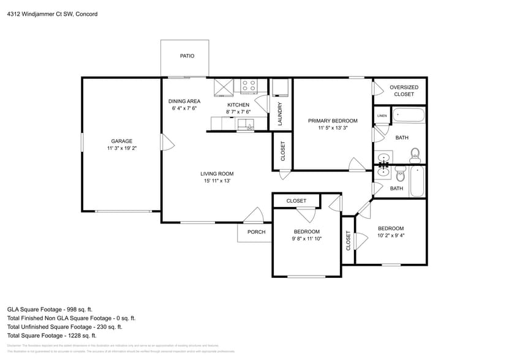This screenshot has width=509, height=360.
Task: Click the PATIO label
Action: coord(187,56)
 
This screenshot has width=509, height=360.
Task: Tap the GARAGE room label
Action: coord(121,141)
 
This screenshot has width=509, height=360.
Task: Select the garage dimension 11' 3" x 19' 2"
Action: coord(121,148)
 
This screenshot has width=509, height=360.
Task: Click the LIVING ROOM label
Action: coord(217,173)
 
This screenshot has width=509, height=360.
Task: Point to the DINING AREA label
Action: coord(184,101)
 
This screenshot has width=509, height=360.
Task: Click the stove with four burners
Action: coord(249,86)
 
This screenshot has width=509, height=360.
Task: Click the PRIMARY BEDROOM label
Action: coord(333,121)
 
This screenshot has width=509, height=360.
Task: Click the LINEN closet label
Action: coord(382,115)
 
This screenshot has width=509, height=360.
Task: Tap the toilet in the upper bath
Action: coord(415,152)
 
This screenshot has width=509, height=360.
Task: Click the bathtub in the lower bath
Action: coord(417,181)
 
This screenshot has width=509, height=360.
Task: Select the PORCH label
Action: coord(256,232)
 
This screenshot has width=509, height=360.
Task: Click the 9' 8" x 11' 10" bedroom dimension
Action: coord(306,239)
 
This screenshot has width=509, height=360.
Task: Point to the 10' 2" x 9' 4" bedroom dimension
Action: coord(390,235)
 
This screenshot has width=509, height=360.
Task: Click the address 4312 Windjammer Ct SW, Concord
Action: coord(52,13)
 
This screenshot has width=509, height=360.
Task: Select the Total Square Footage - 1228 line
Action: coord(52,336)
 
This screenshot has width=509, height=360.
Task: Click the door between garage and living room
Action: coord(165,143)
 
